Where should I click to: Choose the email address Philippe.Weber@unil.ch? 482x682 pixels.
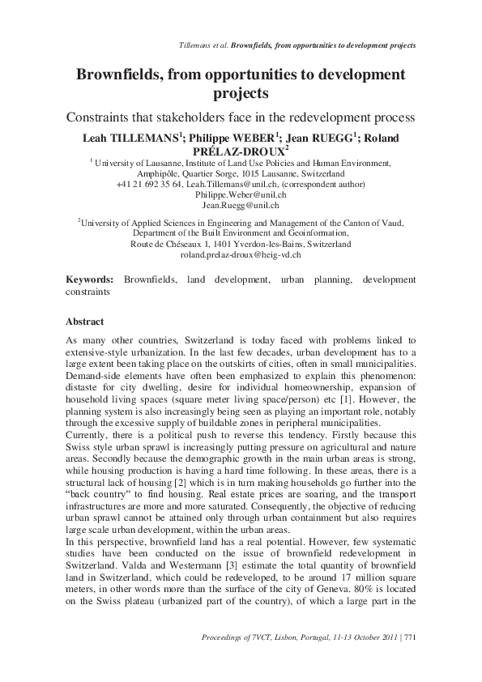coord(241,195)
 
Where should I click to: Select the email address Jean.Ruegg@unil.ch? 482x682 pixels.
coord(241,207)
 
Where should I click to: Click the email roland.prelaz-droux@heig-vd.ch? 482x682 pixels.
coord(241,254)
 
